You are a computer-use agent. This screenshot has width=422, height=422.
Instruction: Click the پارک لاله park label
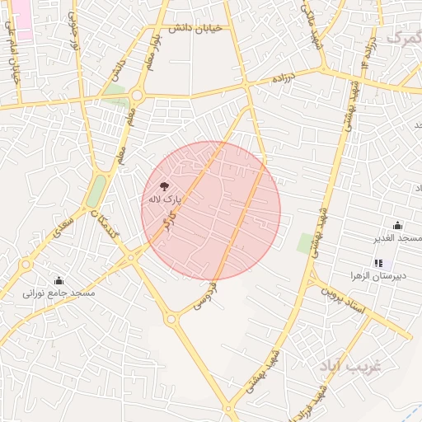[x=163, y=199]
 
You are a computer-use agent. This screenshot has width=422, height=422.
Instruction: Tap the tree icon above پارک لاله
[x=163, y=186]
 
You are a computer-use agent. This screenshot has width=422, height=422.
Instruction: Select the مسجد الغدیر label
[x=399, y=238]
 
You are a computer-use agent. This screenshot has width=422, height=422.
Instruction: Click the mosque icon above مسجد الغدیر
[x=398, y=226]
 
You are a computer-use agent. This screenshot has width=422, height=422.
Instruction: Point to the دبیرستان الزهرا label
[x=377, y=275]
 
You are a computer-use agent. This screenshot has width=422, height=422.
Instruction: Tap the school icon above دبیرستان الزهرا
[x=377, y=263]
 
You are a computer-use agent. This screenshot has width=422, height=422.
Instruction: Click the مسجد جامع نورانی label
[x=59, y=293]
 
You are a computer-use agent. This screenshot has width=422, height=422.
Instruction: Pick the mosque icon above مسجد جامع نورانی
[x=59, y=280]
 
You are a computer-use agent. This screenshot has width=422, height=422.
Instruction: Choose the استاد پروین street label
[x=345, y=298]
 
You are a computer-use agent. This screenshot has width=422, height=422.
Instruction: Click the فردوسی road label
[x=205, y=295]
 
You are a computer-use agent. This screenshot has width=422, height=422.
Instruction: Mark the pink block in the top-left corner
[x=20, y=18]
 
